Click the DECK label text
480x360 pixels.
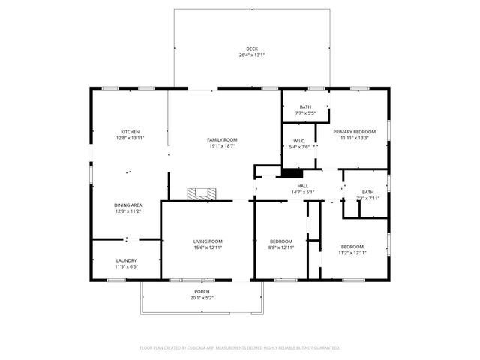251,49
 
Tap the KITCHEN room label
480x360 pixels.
129,132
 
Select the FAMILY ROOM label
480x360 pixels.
222,140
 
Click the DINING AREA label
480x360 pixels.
128,205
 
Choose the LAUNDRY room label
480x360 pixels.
126,260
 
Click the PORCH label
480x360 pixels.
202,291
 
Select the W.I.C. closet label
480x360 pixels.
299,140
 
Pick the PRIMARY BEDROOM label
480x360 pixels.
354,132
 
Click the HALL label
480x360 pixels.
303,186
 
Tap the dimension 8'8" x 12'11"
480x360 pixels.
281,247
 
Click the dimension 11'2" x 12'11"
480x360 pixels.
352,253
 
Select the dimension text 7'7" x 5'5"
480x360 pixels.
305,113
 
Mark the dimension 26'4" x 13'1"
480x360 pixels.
251,55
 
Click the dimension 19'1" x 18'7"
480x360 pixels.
222,146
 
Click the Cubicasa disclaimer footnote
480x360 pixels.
240,348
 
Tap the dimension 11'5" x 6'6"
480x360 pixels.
126,266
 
